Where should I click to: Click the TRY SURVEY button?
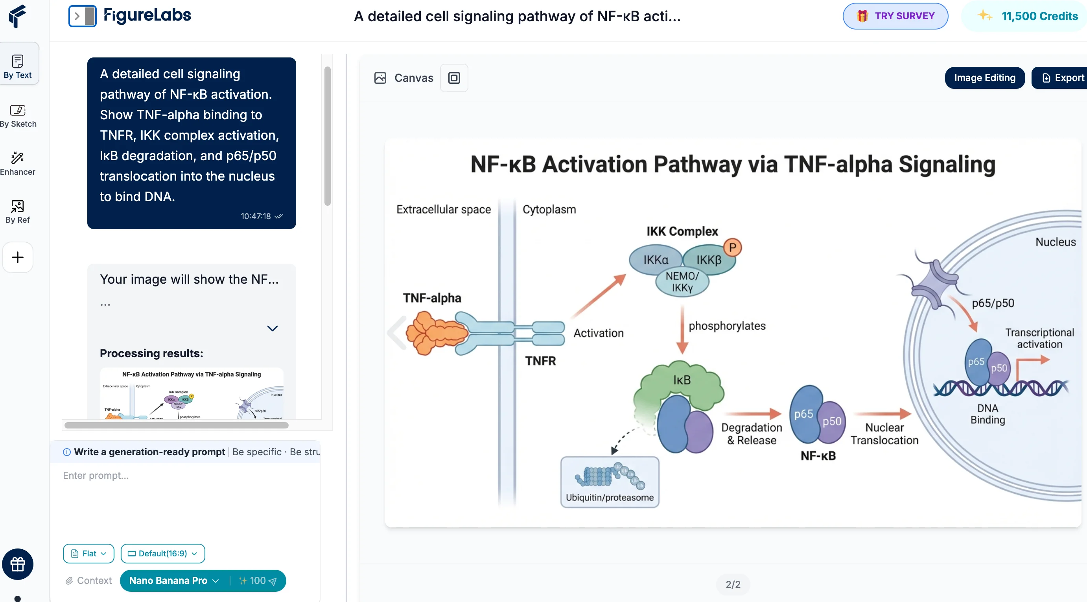point(895,16)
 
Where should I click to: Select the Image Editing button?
point(984,78)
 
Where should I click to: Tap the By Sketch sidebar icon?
point(18,116)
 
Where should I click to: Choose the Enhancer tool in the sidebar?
point(18,163)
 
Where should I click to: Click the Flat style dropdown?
point(88,553)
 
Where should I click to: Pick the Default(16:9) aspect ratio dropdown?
point(162,553)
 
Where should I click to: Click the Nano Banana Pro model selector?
point(173,580)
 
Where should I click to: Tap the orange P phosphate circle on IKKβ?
point(733,247)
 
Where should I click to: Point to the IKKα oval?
point(655,260)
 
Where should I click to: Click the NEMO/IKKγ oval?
point(682,282)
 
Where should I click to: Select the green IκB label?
point(682,380)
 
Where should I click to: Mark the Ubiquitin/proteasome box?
point(609,482)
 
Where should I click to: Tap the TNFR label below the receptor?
point(540,361)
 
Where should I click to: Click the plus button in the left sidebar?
point(18,257)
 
